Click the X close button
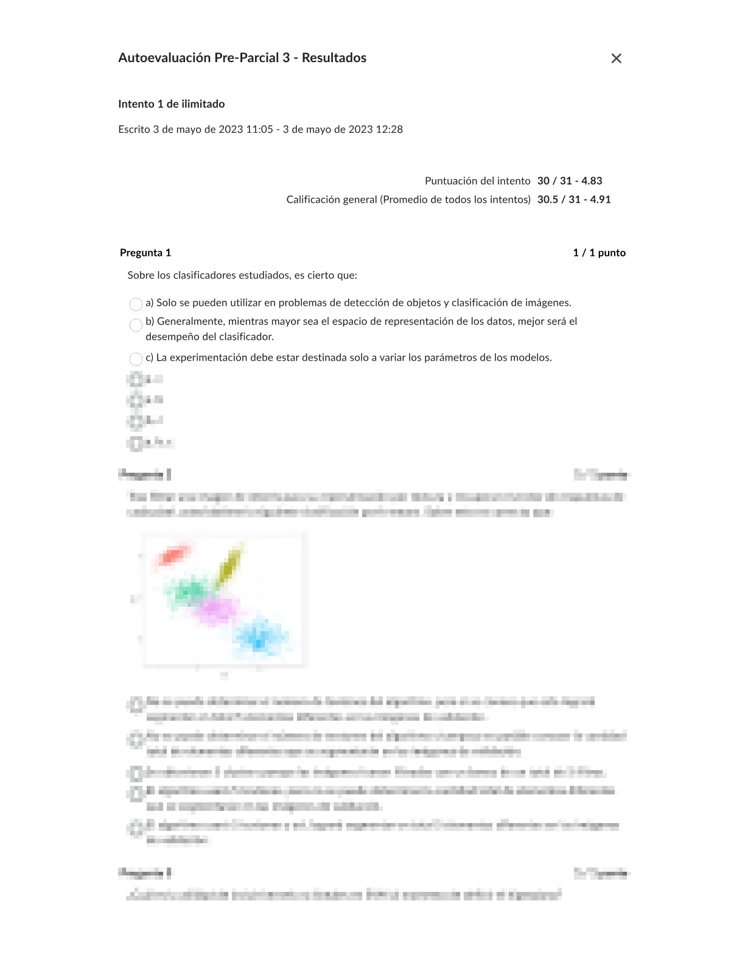616,58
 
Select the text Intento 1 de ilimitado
172,104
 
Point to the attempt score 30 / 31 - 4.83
570,181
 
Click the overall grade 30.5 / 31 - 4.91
574,200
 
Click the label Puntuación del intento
478,181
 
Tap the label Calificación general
332,200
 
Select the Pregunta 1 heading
145,253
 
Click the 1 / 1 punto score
599,253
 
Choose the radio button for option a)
136,304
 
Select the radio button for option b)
136,325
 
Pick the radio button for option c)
136,359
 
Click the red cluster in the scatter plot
172,556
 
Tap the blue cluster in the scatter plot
260,637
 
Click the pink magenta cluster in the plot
216,610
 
